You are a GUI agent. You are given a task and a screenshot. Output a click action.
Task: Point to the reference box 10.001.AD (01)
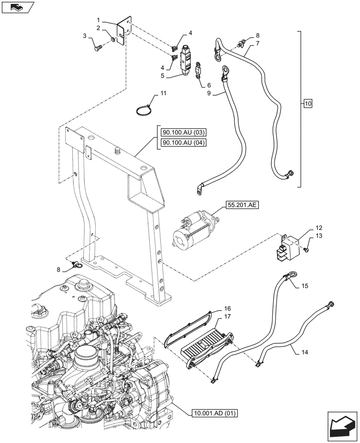click(215, 414)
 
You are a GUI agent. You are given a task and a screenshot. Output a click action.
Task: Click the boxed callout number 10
click(308, 104)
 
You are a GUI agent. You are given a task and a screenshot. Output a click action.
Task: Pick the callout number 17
click(227, 317)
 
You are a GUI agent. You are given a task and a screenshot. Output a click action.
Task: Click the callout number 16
click(227, 308)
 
